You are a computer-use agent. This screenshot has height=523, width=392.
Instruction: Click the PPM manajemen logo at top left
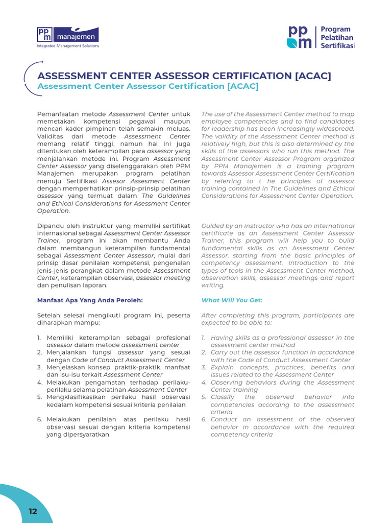coord(68,35)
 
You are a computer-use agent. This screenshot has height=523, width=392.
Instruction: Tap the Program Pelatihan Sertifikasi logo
coord(321,37)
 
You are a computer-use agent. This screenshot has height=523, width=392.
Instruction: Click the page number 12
coord(33,511)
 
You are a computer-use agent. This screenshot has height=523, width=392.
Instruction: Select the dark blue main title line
coord(184,76)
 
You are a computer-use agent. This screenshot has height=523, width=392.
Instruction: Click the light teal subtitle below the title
coord(148,86)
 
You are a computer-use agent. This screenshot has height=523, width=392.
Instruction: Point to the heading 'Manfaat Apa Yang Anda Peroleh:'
coord(90,300)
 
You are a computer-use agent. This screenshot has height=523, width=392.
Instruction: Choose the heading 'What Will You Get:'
coord(232,300)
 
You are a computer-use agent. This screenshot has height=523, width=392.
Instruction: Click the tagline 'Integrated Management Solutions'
coord(68,46)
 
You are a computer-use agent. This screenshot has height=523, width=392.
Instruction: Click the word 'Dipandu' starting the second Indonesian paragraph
coord(50,226)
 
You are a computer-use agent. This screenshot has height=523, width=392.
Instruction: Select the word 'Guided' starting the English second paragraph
coord(212,226)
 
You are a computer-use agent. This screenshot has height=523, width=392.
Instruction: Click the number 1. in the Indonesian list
coord(39,338)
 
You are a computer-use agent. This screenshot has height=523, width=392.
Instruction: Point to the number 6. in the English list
coord(204,419)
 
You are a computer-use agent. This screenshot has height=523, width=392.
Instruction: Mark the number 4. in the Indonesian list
coord(39,382)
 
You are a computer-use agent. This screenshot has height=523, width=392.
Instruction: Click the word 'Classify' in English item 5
coord(223,397)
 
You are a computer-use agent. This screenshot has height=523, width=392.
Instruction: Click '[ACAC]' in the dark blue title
coord(313,76)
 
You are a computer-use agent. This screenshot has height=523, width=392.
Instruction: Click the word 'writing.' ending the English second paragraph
coord(213,286)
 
